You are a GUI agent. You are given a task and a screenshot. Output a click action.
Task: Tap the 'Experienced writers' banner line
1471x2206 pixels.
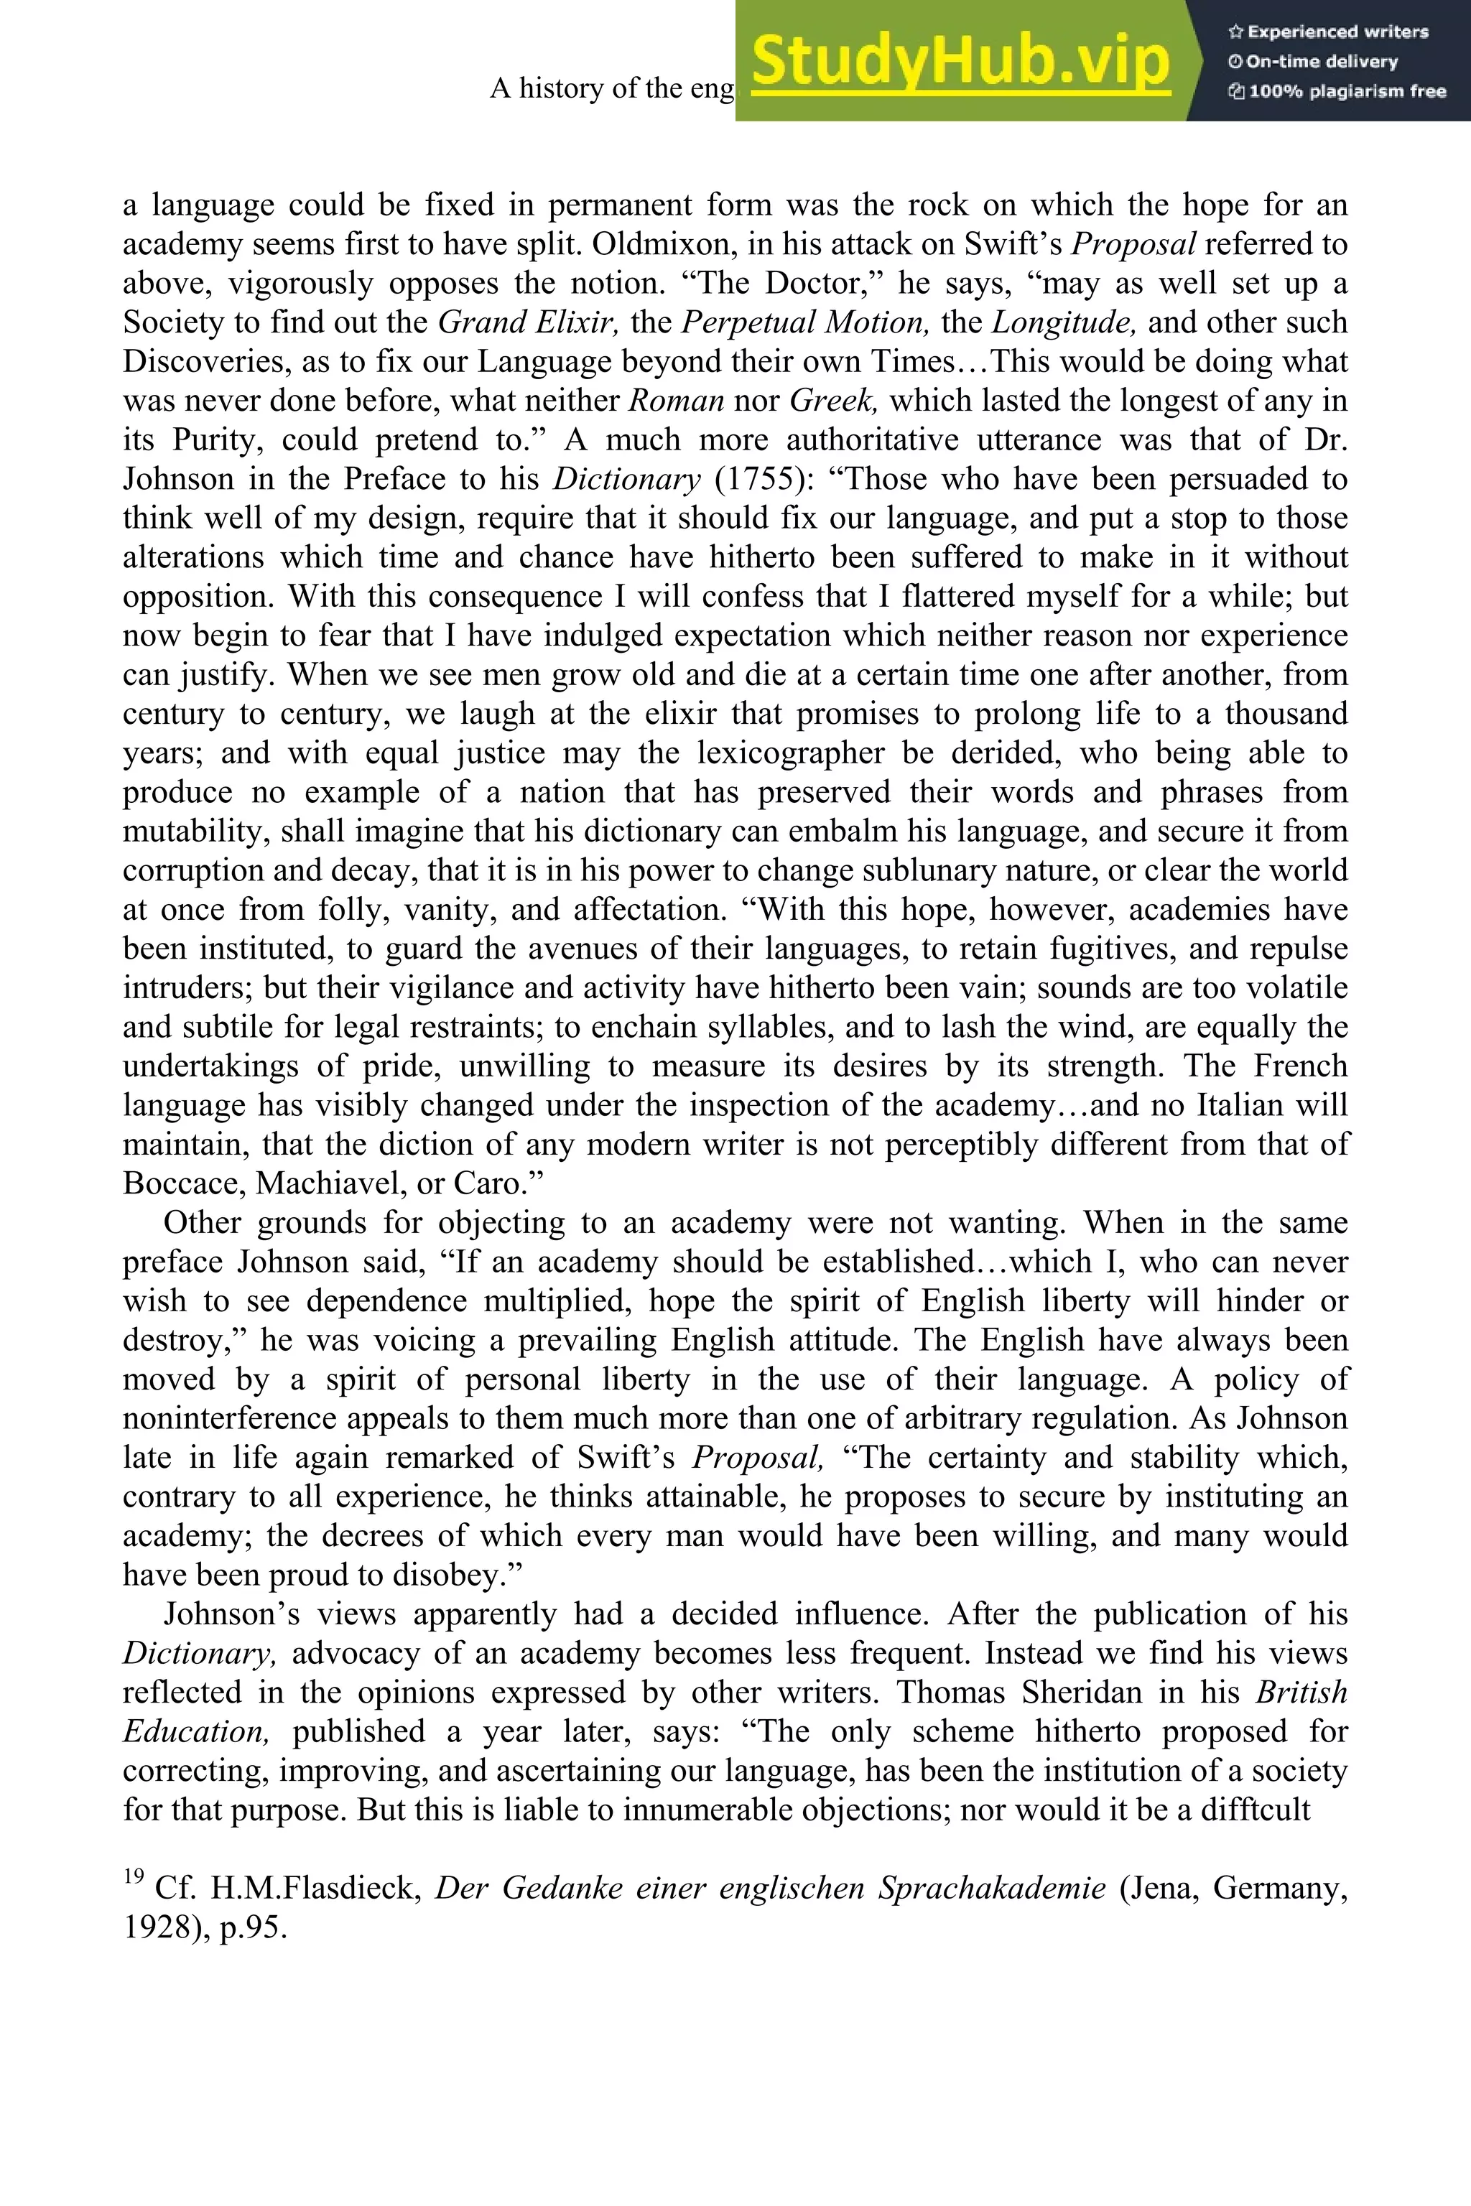(x=1328, y=32)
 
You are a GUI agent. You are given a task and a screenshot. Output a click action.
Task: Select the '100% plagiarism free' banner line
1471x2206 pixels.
(x=1337, y=92)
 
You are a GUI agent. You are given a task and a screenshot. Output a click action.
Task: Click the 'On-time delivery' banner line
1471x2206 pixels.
(x=1314, y=62)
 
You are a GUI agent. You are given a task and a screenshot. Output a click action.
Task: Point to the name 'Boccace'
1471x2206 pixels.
(x=184, y=1183)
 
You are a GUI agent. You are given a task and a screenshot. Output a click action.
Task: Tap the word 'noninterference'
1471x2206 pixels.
(x=238, y=1418)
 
